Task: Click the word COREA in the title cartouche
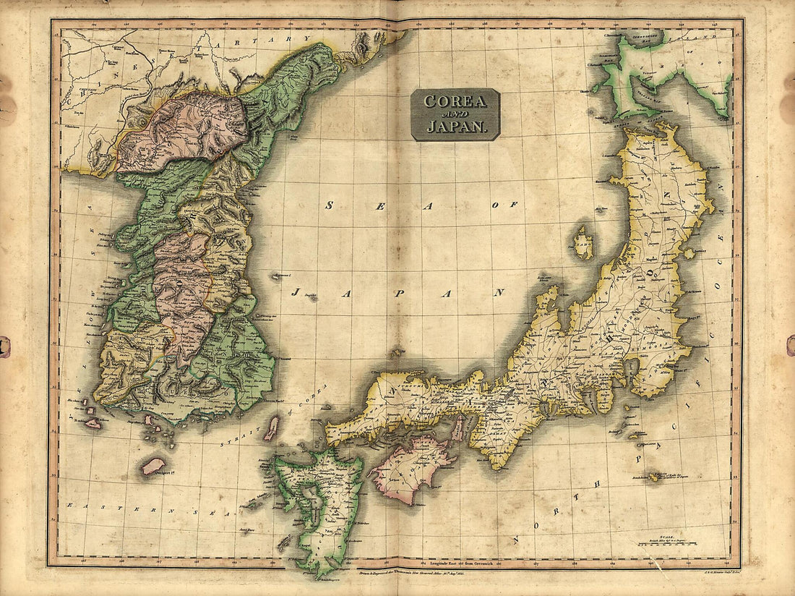455,101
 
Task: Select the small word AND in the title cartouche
455,114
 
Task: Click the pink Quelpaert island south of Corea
153,466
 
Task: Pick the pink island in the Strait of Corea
271,428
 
